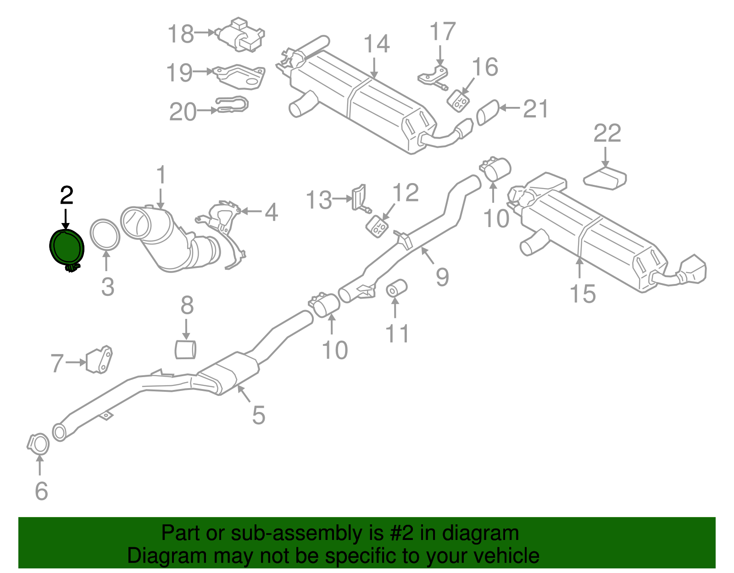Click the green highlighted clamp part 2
[67, 248]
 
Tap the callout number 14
[377, 45]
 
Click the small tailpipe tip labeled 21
[488, 112]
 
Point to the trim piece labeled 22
[605, 178]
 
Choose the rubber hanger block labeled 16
[458, 100]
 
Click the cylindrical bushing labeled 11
[396, 288]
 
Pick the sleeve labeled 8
[185, 349]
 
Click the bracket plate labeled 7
[99, 360]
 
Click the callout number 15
[582, 294]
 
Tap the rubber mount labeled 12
[378, 226]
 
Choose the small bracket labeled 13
[359, 197]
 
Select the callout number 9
[442, 277]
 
